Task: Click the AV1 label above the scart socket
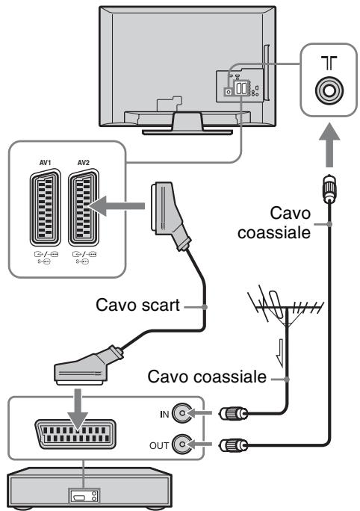pos(45,162)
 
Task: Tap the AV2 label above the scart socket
pos(84,162)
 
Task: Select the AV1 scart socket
pos(46,207)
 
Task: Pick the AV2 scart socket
pos(84,207)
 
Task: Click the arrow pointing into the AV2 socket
pos(117,206)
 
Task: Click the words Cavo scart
pos(138,306)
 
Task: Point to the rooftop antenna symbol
pos(285,307)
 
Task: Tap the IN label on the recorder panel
pos(164,414)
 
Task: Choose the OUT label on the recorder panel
pos(159,445)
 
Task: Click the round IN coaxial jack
pos(181,413)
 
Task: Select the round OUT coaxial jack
pos(181,445)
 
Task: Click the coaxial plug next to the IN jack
pos(234,414)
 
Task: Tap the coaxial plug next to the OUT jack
pos(234,445)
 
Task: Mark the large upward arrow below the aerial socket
pos(329,145)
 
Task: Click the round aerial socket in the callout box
pos(329,90)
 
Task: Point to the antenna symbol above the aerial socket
pos(329,63)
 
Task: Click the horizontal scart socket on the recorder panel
pos(75,434)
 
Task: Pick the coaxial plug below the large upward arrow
pos(329,188)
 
